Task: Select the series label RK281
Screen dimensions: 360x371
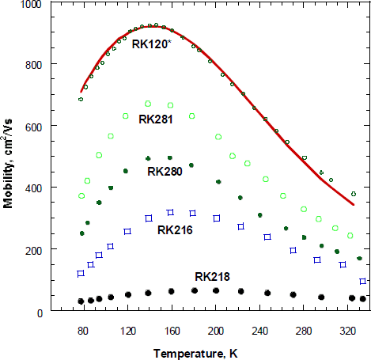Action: point(157,120)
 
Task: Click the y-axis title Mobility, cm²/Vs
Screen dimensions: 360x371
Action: point(9,158)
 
